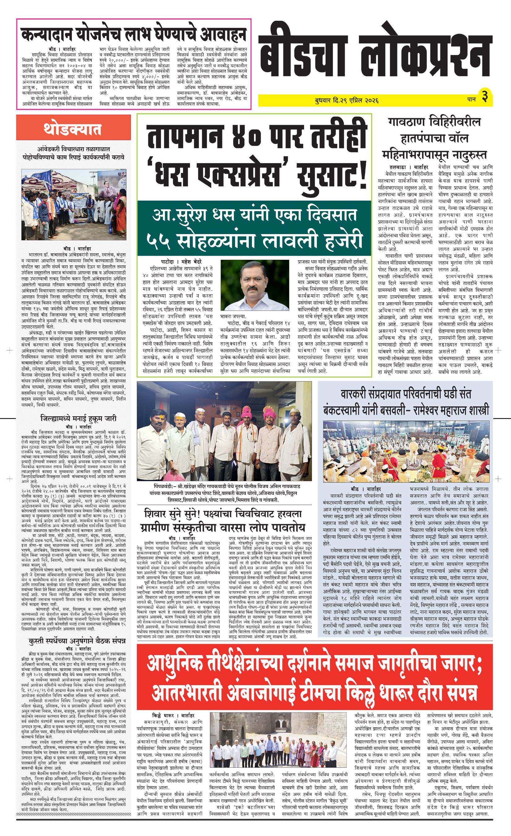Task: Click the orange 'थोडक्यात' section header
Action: (x=73, y=130)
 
